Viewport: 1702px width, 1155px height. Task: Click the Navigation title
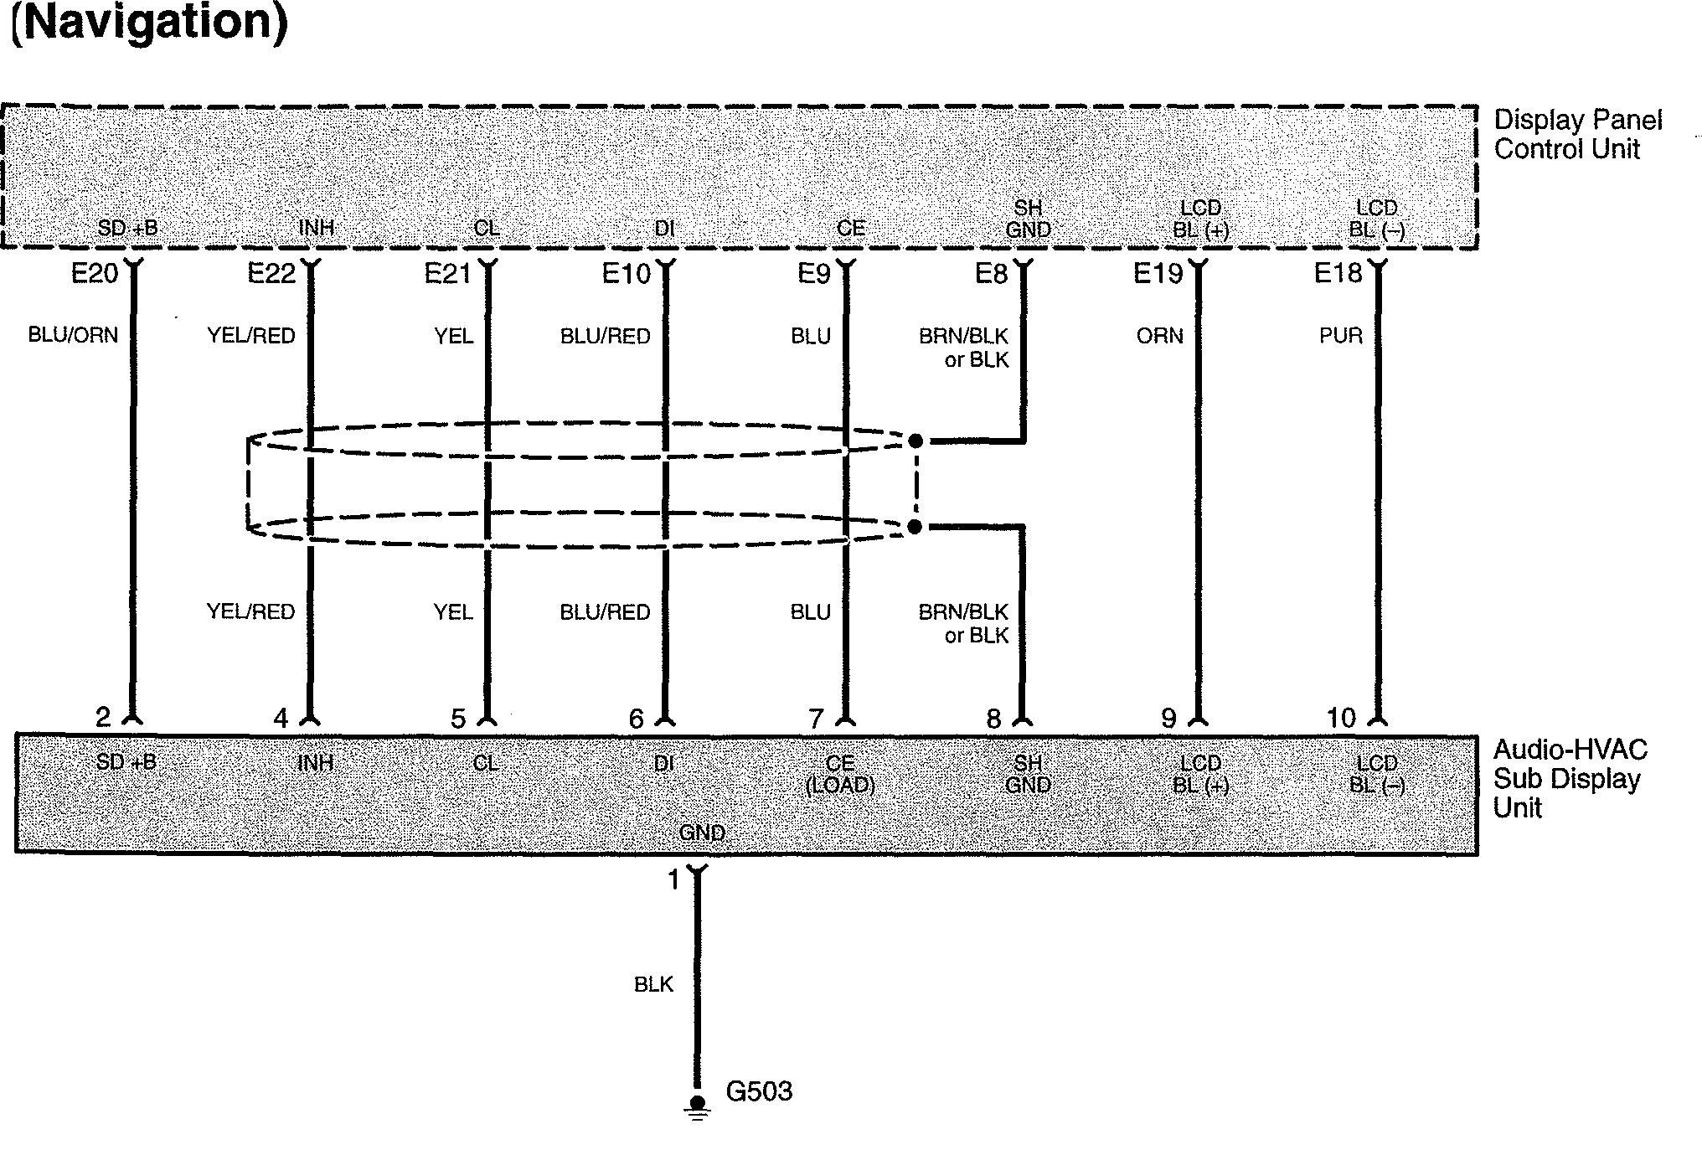point(149,23)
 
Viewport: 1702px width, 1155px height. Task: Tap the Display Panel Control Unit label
point(1576,135)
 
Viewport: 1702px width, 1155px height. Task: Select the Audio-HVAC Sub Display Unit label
point(1570,779)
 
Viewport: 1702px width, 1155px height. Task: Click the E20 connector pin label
point(95,274)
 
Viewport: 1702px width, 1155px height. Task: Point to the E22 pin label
point(271,274)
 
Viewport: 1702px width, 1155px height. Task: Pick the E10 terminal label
point(626,274)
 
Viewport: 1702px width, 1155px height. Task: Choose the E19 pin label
point(1158,274)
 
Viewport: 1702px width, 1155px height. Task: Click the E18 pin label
point(1338,274)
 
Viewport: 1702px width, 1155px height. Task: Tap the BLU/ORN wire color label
point(73,336)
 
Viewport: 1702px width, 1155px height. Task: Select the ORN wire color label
point(1159,336)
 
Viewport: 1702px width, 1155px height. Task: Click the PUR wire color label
point(1340,336)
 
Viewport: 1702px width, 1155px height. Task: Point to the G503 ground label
point(759,1091)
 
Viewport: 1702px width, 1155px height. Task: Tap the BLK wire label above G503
point(653,985)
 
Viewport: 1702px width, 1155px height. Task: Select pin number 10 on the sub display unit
point(1340,718)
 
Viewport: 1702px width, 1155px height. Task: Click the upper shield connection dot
point(915,441)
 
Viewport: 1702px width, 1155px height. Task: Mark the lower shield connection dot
point(915,527)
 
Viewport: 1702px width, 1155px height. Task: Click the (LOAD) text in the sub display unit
point(840,786)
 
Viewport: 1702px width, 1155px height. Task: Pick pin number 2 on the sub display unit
point(102,718)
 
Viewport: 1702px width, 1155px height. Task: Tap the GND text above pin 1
point(702,833)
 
